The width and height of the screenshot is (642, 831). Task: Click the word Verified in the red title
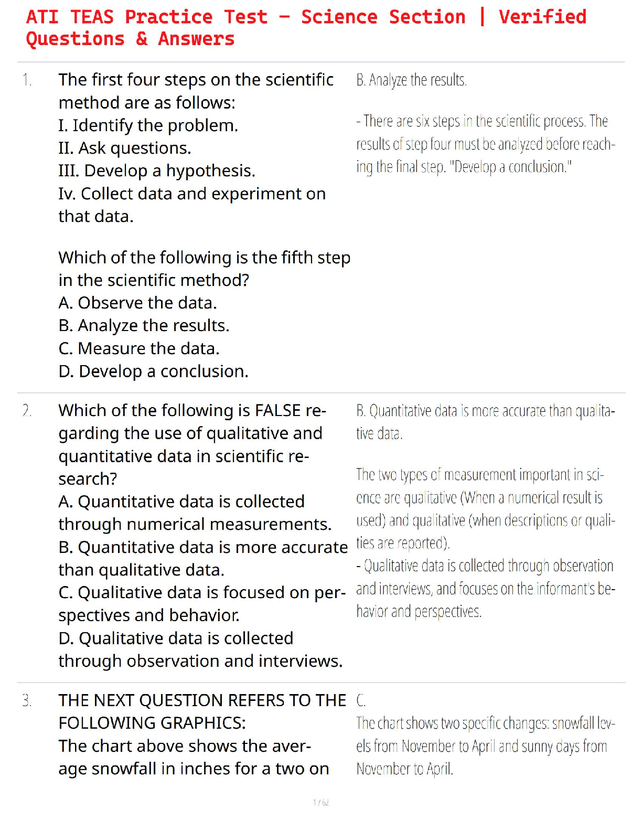point(542,17)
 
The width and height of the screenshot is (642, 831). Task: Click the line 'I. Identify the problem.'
point(148,125)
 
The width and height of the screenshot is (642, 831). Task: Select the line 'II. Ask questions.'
point(124,148)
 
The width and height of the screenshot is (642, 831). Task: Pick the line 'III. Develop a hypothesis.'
point(157,171)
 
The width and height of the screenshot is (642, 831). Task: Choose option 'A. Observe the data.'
point(137,303)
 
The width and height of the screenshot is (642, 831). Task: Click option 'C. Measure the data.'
point(139,348)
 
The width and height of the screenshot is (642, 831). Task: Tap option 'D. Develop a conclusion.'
point(153,371)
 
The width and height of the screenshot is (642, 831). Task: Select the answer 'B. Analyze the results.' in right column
point(411,80)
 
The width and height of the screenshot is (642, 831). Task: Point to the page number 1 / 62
point(321,802)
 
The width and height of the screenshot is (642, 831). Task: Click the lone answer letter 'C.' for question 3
point(361,701)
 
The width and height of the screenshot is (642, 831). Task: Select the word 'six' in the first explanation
point(423,121)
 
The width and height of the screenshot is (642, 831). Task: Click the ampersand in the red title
point(142,39)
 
